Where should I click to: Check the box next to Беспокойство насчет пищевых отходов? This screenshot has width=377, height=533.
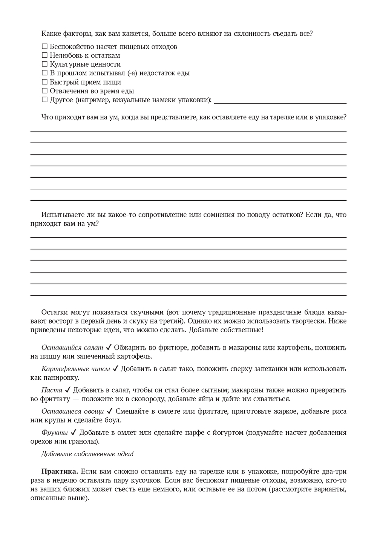pos(44,47)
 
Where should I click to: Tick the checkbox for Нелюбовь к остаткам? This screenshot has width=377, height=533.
pos(44,55)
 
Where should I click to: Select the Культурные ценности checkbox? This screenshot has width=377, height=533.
pos(44,64)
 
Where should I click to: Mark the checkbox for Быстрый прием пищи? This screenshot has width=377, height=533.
pos(44,82)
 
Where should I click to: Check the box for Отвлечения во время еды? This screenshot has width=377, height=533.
pos(44,91)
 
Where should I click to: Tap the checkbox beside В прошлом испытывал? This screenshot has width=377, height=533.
pos(44,73)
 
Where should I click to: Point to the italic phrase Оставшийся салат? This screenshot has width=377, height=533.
pos(72,347)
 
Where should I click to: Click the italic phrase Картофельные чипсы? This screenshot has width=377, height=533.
pos(75,369)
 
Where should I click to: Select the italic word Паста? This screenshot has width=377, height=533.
pos(52,390)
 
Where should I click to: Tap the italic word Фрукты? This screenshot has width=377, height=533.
pos(54,432)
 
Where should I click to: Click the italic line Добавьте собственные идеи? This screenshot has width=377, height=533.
pos(87,454)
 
